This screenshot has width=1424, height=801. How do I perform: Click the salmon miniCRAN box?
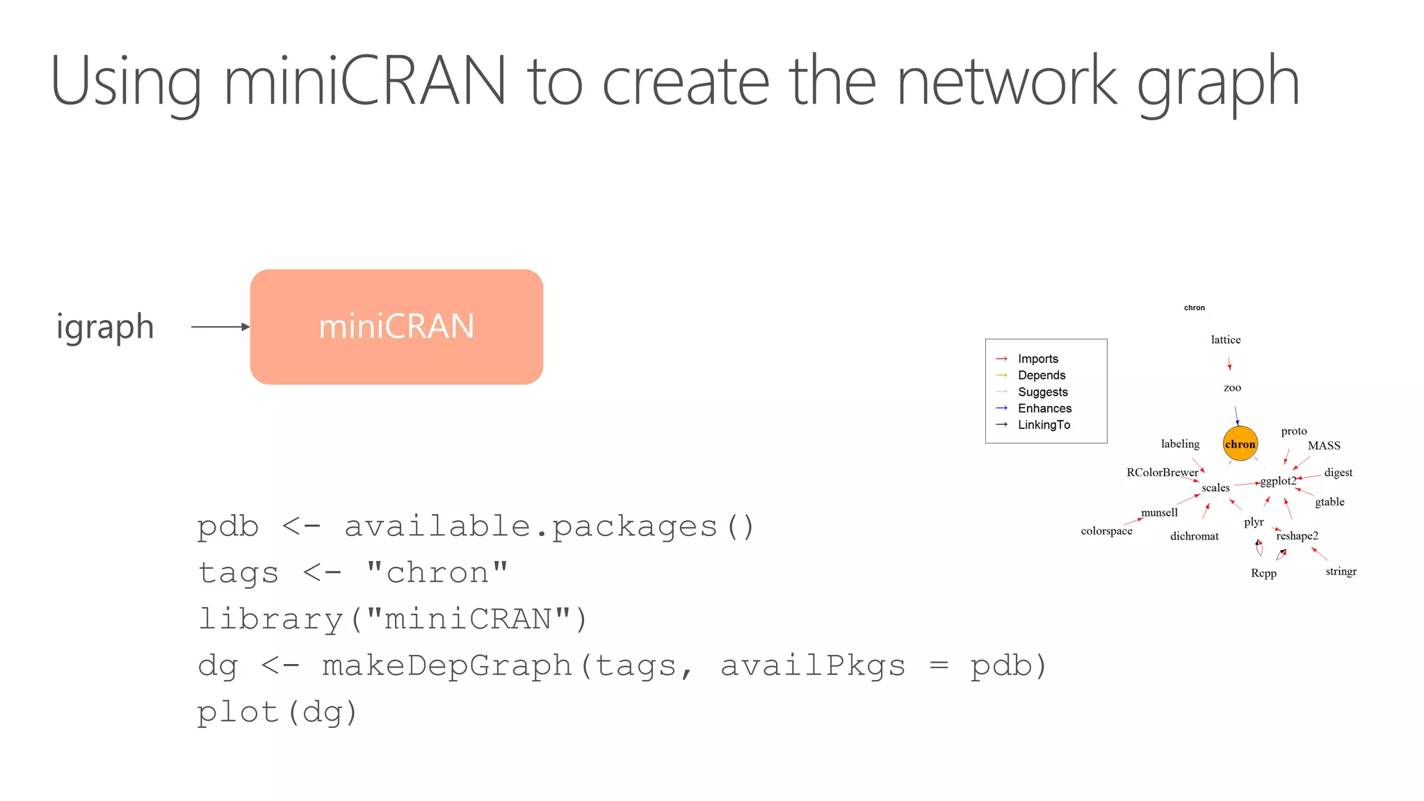[396, 327]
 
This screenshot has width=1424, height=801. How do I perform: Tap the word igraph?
[105, 327]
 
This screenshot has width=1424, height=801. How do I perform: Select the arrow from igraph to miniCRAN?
[220, 327]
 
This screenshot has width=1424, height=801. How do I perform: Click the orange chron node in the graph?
[1240, 444]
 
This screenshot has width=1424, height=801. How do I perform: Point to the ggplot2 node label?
[1278, 480]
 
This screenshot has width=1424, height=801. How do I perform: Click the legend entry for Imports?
[1037, 359]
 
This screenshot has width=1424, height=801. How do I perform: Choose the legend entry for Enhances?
[1044, 408]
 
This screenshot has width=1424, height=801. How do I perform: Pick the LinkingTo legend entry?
[1044, 425]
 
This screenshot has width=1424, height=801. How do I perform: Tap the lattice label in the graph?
[1225, 339]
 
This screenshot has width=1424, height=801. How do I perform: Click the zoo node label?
[1232, 387]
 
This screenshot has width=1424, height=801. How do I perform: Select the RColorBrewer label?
[1162, 472]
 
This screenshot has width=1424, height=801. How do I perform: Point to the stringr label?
[1341, 571]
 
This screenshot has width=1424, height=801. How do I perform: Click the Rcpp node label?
[1263, 573]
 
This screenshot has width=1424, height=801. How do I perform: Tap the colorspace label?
[1106, 531]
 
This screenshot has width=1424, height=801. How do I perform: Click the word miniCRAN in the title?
[364, 81]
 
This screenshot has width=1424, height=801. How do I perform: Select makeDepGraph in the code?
[446, 665]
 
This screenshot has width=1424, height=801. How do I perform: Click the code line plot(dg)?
[277, 712]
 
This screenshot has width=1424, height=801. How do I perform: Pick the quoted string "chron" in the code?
[437, 573]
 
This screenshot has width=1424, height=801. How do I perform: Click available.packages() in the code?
[549, 526]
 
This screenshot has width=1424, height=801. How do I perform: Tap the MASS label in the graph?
[1323, 446]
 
